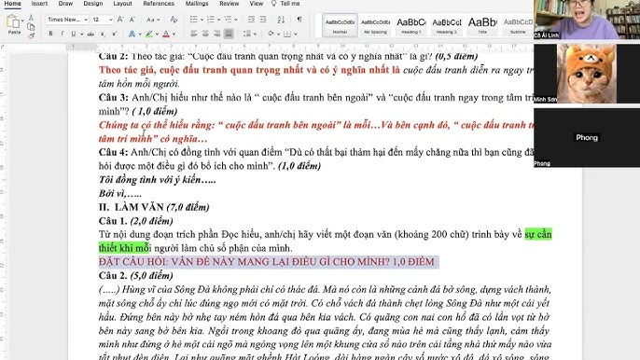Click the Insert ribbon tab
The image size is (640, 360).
41,4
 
